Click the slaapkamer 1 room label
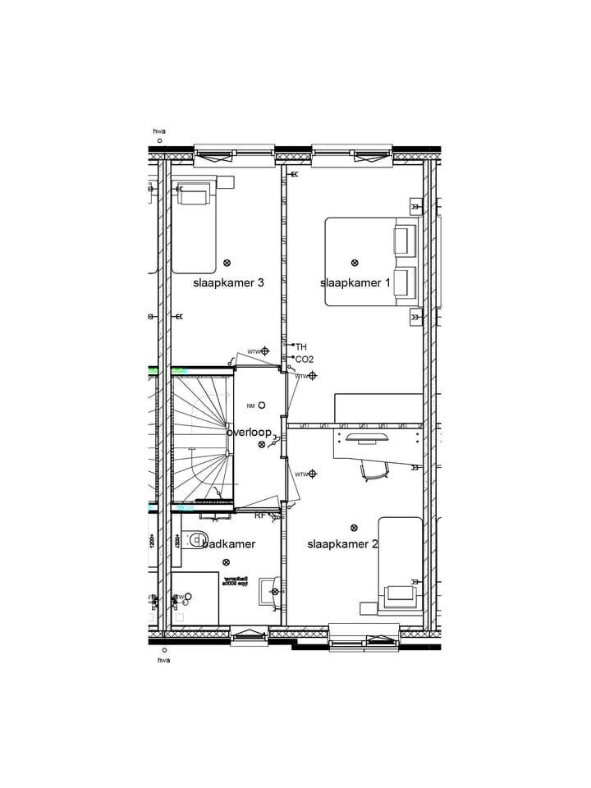point(355,283)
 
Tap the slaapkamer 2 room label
point(342,544)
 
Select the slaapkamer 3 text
point(228,283)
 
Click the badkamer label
point(228,544)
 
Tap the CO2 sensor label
point(304,360)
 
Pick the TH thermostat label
point(300,347)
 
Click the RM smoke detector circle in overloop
point(262,405)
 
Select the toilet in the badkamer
point(195,540)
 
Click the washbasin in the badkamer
point(269,589)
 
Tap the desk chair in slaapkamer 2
point(373,470)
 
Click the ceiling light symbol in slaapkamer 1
point(355,263)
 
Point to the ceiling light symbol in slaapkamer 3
point(227,263)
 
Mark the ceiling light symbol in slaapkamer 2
point(355,528)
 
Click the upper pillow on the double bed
point(402,241)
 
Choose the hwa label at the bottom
point(164,660)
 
